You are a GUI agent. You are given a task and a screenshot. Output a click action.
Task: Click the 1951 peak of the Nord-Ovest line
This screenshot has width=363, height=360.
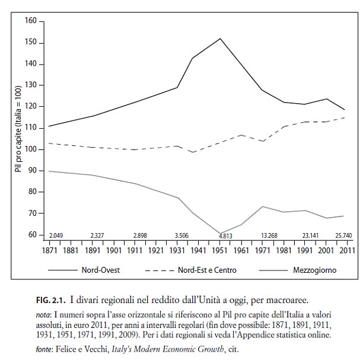[220, 39]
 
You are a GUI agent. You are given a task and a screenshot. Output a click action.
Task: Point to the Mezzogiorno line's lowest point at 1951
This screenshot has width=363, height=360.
[220, 234]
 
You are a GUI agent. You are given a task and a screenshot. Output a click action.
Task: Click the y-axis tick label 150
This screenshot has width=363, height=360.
[31, 43]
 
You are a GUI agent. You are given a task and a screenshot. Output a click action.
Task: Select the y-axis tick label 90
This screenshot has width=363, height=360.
[33, 171]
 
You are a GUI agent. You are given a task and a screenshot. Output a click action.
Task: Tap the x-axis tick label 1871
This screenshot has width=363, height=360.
[49, 251]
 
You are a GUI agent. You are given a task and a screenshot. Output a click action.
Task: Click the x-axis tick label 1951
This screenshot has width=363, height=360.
[221, 251]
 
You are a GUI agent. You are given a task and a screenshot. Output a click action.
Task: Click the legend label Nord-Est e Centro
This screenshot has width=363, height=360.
[207, 270]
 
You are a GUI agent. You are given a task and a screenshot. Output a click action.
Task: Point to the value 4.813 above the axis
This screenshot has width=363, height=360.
[225, 236]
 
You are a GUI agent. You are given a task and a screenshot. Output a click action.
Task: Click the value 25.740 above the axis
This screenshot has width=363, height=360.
[343, 236]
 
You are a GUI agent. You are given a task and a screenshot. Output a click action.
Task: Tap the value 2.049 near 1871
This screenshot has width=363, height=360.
[56, 236]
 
